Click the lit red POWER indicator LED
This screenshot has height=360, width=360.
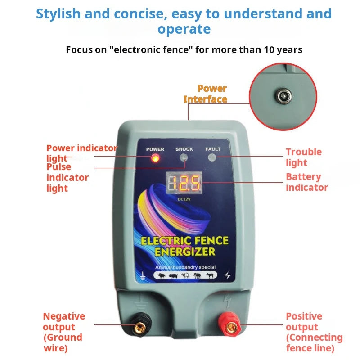click(x=155, y=158)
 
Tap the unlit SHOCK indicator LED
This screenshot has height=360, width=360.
click(x=184, y=157)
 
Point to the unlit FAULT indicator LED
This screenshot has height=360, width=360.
click(x=212, y=157)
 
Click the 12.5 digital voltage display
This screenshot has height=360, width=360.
click(x=184, y=183)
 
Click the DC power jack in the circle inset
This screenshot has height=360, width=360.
click(x=284, y=96)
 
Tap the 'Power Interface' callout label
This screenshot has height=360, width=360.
click(x=206, y=94)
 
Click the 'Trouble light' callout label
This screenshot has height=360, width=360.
click(x=303, y=157)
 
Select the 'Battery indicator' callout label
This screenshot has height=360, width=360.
click(x=306, y=182)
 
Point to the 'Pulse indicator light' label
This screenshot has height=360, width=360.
click(x=67, y=178)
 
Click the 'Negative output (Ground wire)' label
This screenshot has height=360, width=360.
click(x=63, y=332)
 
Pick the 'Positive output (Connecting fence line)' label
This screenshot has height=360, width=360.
click(x=314, y=332)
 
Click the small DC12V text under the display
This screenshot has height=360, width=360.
click(x=184, y=198)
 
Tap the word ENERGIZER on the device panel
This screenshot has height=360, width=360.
click(x=185, y=252)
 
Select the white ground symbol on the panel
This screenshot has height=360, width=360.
click(x=143, y=276)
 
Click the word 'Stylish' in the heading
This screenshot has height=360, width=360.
click(x=58, y=13)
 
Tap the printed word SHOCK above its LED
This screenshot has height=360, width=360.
click(x=184, y=149)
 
